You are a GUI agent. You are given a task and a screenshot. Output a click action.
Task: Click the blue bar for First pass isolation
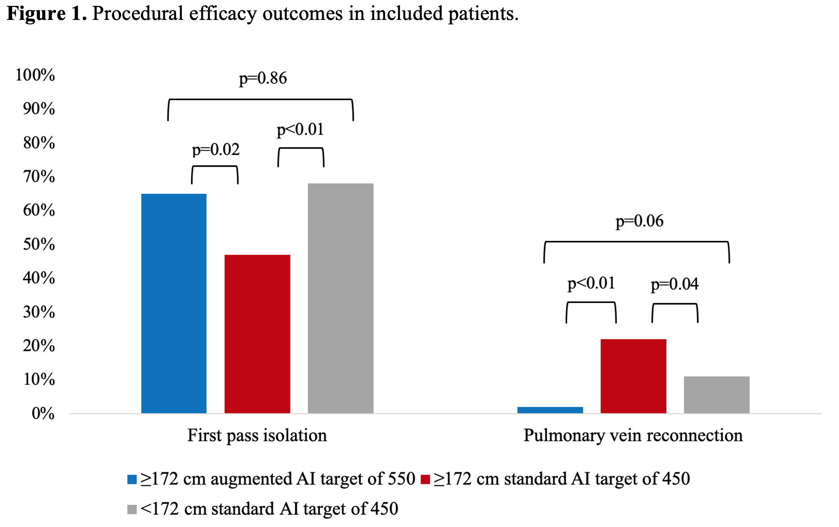pos(174,303)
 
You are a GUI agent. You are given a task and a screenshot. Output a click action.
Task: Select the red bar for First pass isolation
pos(257,334)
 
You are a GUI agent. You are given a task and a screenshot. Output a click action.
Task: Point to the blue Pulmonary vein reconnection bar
pos(550,410)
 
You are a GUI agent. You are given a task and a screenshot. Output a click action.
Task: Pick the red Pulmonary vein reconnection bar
pos(633,376)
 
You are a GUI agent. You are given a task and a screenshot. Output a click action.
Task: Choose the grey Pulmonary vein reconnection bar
pos(716,394)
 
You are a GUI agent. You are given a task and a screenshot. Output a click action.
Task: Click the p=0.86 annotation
pos(263,78)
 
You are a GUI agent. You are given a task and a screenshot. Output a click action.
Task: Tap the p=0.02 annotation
pos(215,149)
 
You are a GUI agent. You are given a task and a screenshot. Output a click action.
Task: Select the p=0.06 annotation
pos(639,221)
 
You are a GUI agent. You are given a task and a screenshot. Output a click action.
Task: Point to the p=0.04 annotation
pos(674,284)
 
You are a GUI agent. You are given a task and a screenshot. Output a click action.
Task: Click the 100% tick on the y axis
pos(35,75)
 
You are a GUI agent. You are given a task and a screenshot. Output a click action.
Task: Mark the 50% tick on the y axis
pos(39,244)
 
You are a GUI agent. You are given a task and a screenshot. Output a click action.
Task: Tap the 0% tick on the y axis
pos(43,413)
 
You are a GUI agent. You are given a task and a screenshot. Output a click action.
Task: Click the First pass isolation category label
pos(257,436)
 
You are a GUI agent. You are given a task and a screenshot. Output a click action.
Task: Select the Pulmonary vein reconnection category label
pos(633,436)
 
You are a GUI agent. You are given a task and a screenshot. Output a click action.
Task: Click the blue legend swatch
pos(132,479)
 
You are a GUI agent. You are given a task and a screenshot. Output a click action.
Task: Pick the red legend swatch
pos(425,479)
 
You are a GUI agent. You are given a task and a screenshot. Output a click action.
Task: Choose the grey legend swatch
pos(132,509)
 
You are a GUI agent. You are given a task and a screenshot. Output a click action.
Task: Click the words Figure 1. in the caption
pos(47,14)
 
